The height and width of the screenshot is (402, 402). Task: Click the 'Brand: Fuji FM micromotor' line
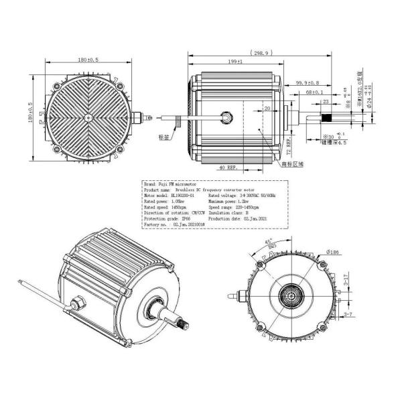tap(170, 182)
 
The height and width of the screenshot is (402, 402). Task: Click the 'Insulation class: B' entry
tap(231, 212)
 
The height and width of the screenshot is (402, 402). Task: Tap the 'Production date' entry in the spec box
tap(239, 218)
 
